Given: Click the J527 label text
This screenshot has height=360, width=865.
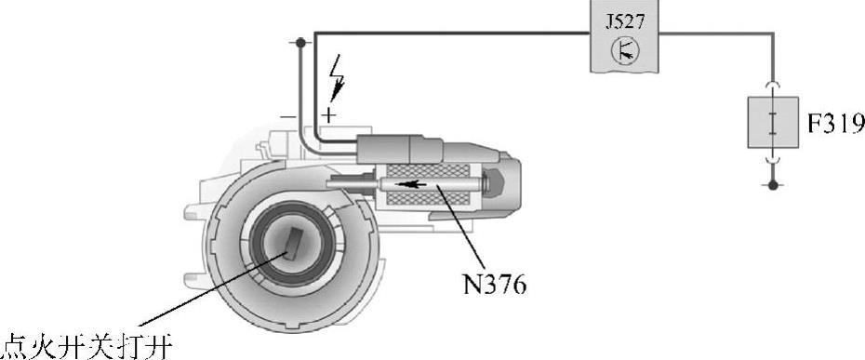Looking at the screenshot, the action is point(624,22).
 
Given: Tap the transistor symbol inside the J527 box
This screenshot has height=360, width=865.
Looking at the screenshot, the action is point(625,51).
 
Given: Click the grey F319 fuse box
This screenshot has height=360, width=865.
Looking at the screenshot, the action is point(773,122).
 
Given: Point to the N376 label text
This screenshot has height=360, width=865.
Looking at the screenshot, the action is point(493,285).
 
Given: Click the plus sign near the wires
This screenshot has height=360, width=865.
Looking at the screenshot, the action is point(328,115).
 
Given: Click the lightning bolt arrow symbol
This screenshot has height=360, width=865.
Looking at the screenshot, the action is point(336,78).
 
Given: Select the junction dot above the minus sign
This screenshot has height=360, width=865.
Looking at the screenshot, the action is point(300,42).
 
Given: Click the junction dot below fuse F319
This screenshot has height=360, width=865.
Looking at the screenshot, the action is point(773,185).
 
